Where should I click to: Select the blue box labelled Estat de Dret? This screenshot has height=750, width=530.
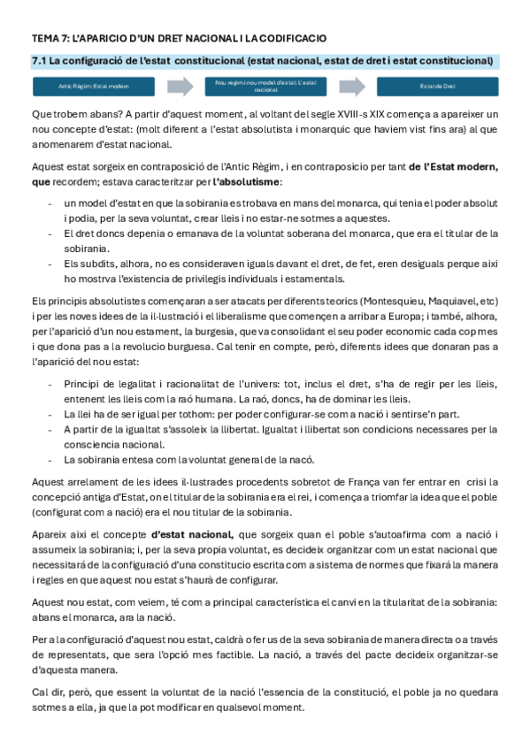pyautogui.click(x=438, y=87)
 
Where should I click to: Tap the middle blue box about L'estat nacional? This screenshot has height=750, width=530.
pyautogui.click(x=265, y=86)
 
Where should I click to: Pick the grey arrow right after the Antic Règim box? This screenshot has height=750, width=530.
pyautogui.click(x=180, y=87)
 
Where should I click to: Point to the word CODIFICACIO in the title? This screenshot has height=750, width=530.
pyautogui.click(x=292, y=39)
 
